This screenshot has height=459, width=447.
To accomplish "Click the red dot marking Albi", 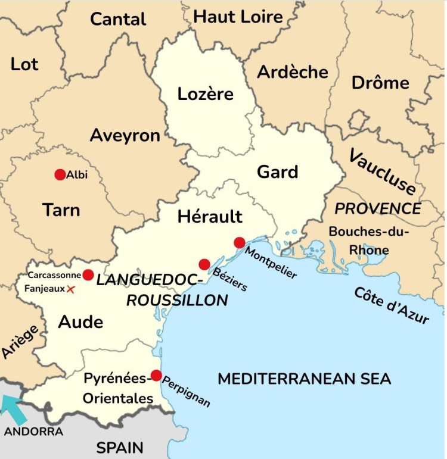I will click(x=60, y=174).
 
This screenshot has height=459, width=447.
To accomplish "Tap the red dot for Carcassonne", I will click(x=88, y=275).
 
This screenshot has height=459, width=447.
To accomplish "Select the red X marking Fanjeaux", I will click(x=71, y=289).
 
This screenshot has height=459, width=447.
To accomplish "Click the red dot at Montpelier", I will click(x=240, y=242).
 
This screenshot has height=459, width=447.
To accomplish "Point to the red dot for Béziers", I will click(x=204, y=264).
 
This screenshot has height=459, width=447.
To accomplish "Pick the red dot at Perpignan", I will click(x=156, y=375).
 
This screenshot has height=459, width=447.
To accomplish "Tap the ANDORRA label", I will click(x=33, y=431).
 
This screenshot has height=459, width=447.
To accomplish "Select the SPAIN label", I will click(x=120, y=447).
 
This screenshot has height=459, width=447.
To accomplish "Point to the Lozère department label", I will click(x=206, y=94).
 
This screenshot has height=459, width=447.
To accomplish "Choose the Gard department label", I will click(x=277, y=172).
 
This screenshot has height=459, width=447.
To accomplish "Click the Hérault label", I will click(x=210, y=217).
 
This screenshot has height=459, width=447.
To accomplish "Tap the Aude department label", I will click(x=80, y=322).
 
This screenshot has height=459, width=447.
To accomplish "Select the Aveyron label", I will click(x=125, y=136).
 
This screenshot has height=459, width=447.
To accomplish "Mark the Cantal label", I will click(x=118, y=19).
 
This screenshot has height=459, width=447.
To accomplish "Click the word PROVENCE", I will click(x=378, y=209).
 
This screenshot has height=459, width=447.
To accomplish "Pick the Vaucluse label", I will click(x=382, y=172).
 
